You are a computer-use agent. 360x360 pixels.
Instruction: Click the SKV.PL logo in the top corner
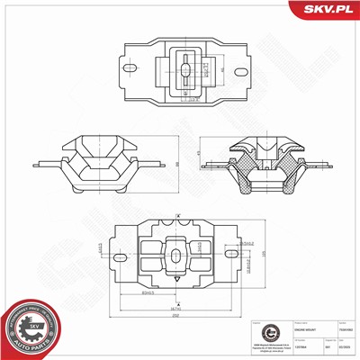point(325,9)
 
